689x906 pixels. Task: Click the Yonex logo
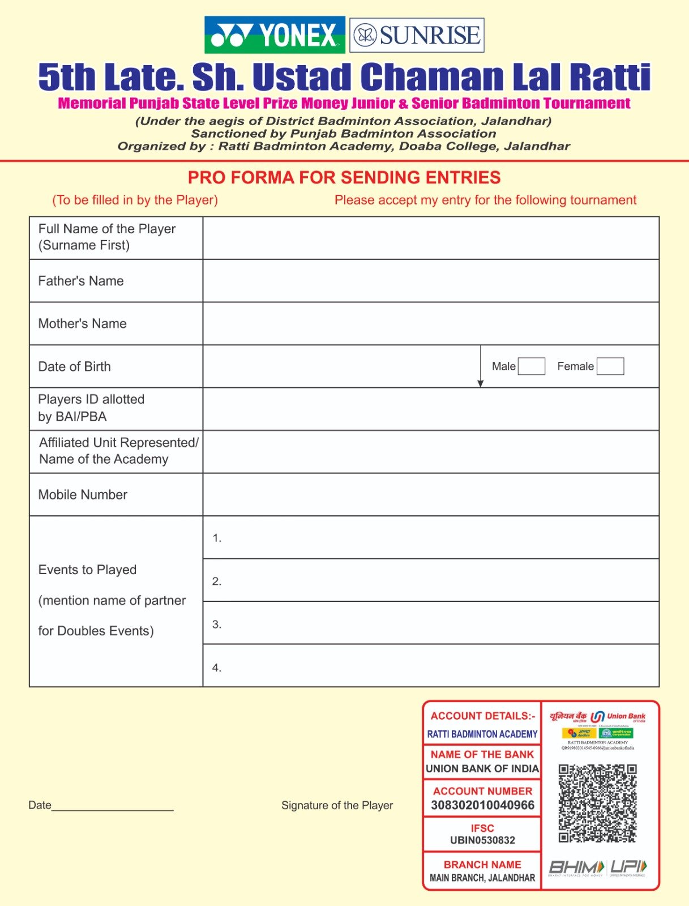point(275,35)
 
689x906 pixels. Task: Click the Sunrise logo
point(417,35)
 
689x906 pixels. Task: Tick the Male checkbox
point(531,366)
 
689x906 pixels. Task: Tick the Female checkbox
point(610,366)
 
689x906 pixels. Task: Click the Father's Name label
point(81,281)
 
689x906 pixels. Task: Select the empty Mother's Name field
point(430,323)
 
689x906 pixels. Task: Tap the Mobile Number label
point(83,495)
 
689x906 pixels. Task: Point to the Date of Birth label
point(75,366)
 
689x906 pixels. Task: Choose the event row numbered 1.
point(430,537)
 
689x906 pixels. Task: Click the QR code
point(597,802)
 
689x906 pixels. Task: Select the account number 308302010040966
point(482,805)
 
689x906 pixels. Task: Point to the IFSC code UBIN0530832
point(482,840)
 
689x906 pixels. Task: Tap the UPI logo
point(628,867)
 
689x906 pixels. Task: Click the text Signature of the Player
point(337,805)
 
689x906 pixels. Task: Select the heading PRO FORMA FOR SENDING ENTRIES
point(344,178)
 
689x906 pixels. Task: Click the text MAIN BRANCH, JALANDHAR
point(482,878)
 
